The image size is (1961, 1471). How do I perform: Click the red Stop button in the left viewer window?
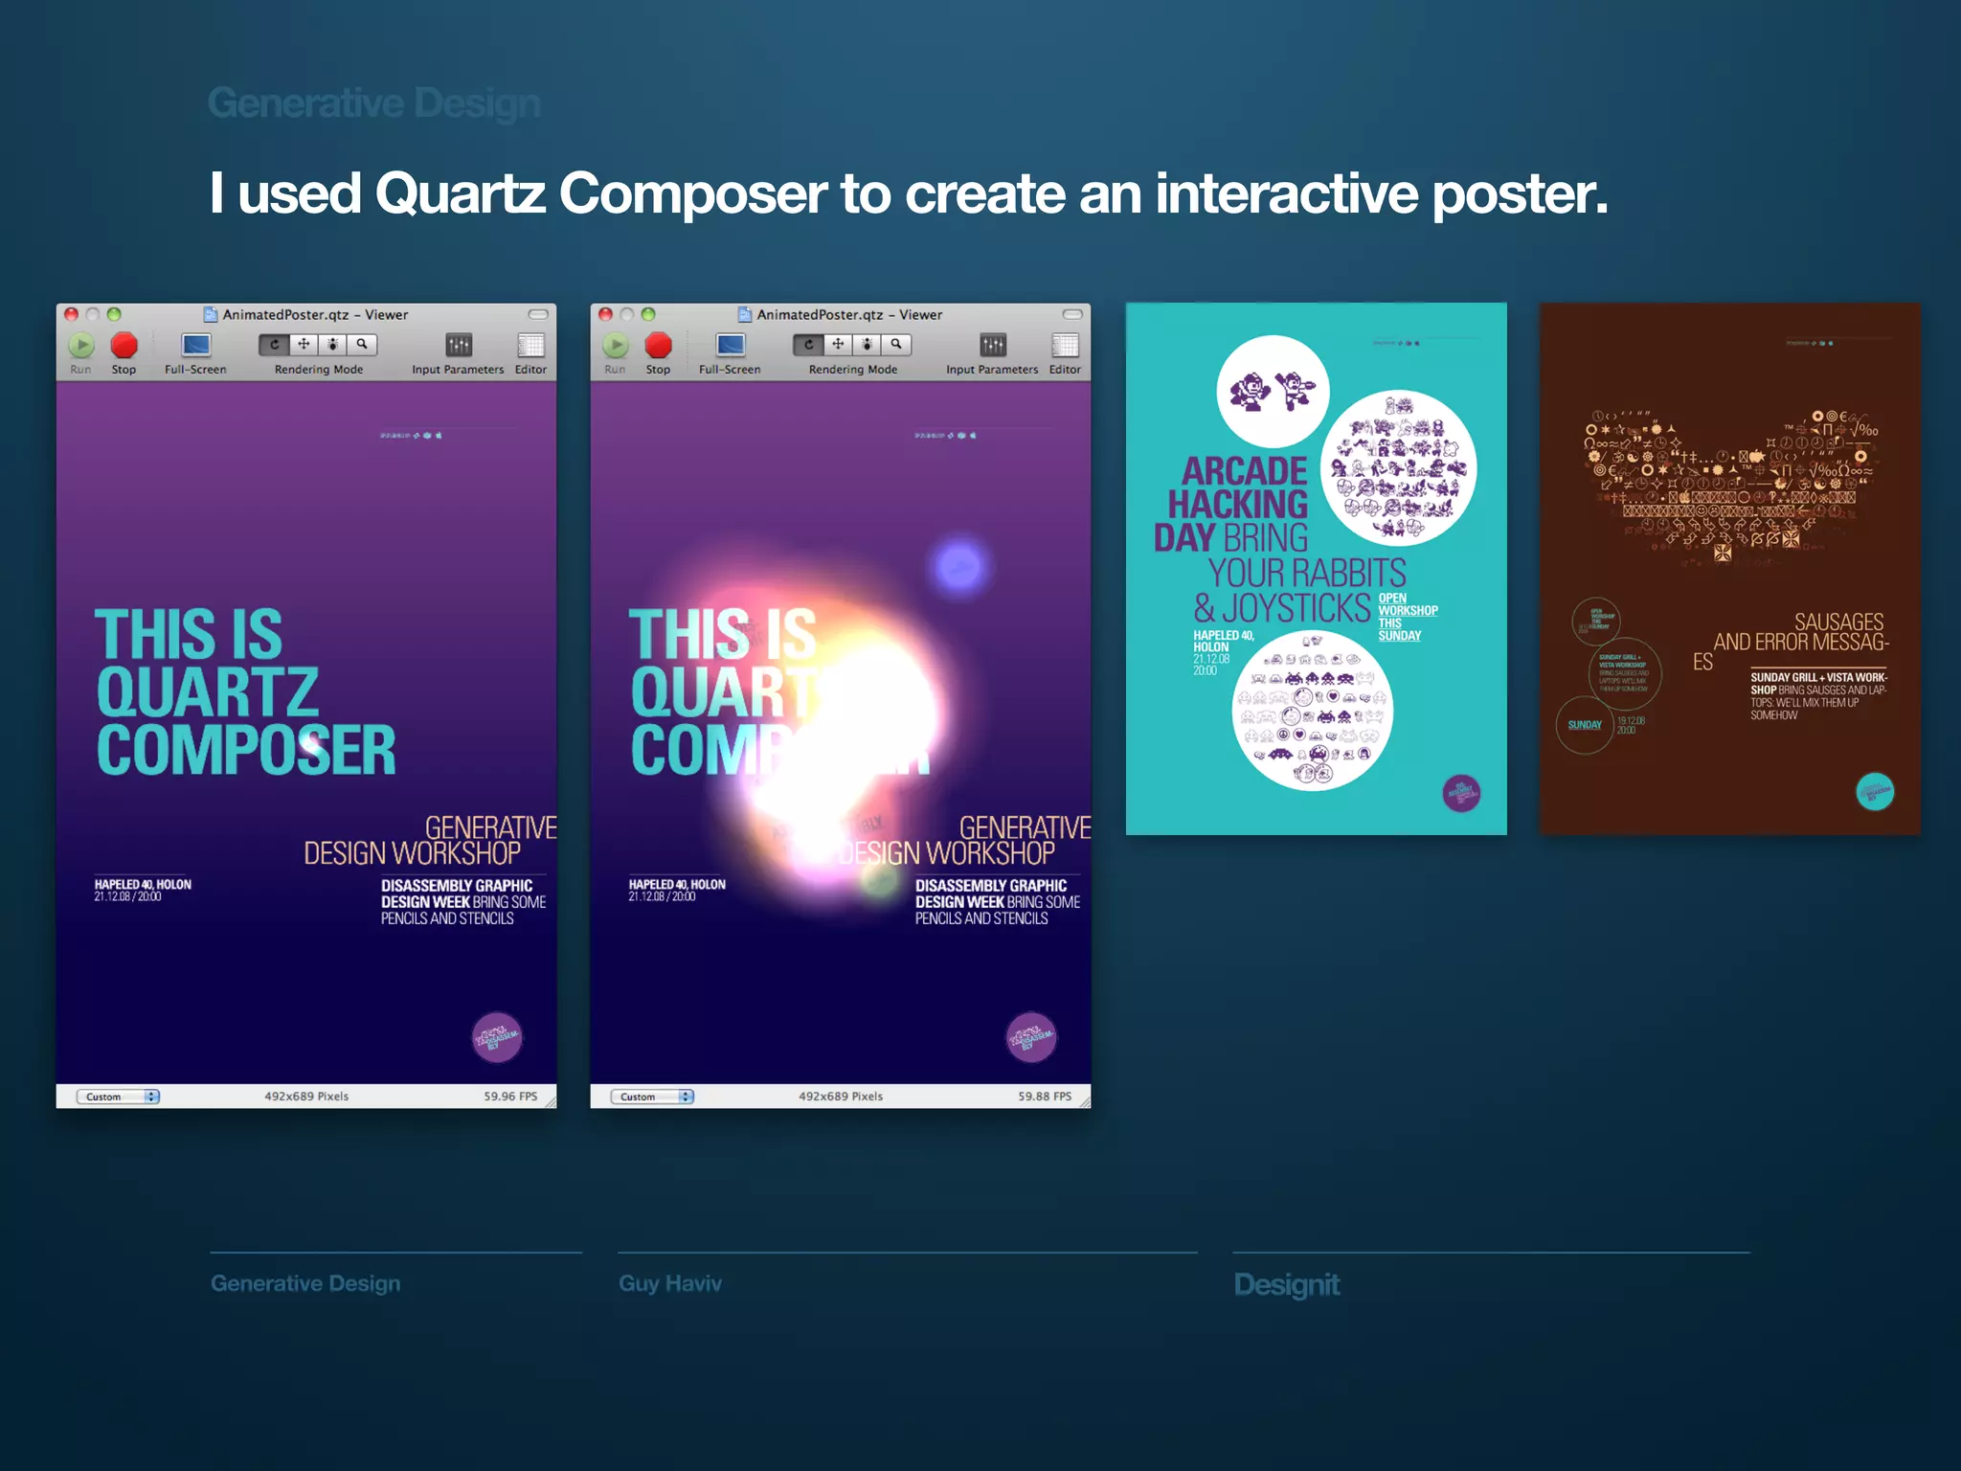[x=124, y=346]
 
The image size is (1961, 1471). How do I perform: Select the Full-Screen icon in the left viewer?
[x=195, y=346]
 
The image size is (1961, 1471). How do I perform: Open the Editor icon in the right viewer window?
[x=1065, y=346]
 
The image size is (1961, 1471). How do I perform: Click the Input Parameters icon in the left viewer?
[x=459, y=346]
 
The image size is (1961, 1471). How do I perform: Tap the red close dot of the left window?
[x=72, y=314]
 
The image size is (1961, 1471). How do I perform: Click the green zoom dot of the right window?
[x=648, y=314]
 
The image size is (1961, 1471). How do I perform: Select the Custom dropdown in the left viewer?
[x=122, y=1097]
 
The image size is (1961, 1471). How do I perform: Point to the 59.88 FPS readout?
[x=1044, y=1097]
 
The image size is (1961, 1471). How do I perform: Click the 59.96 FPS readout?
[x=510, y=1097]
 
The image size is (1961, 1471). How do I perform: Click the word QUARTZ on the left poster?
[x=208, y=692]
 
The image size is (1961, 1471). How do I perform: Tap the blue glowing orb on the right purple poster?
[x=959, y=567]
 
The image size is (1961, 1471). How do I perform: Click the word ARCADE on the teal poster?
[x=1244, y=471]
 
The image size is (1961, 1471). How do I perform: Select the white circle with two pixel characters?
[x=1273, y=392]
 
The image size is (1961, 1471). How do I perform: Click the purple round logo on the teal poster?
[x=1461, y=793]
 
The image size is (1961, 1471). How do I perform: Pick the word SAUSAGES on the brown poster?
[x=1838, y=622]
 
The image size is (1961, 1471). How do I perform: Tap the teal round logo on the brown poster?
[x=1875, y=792]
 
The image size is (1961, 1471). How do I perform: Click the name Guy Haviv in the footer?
[x=670, y=1283]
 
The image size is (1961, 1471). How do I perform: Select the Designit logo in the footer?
[x=1287, y=1284]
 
